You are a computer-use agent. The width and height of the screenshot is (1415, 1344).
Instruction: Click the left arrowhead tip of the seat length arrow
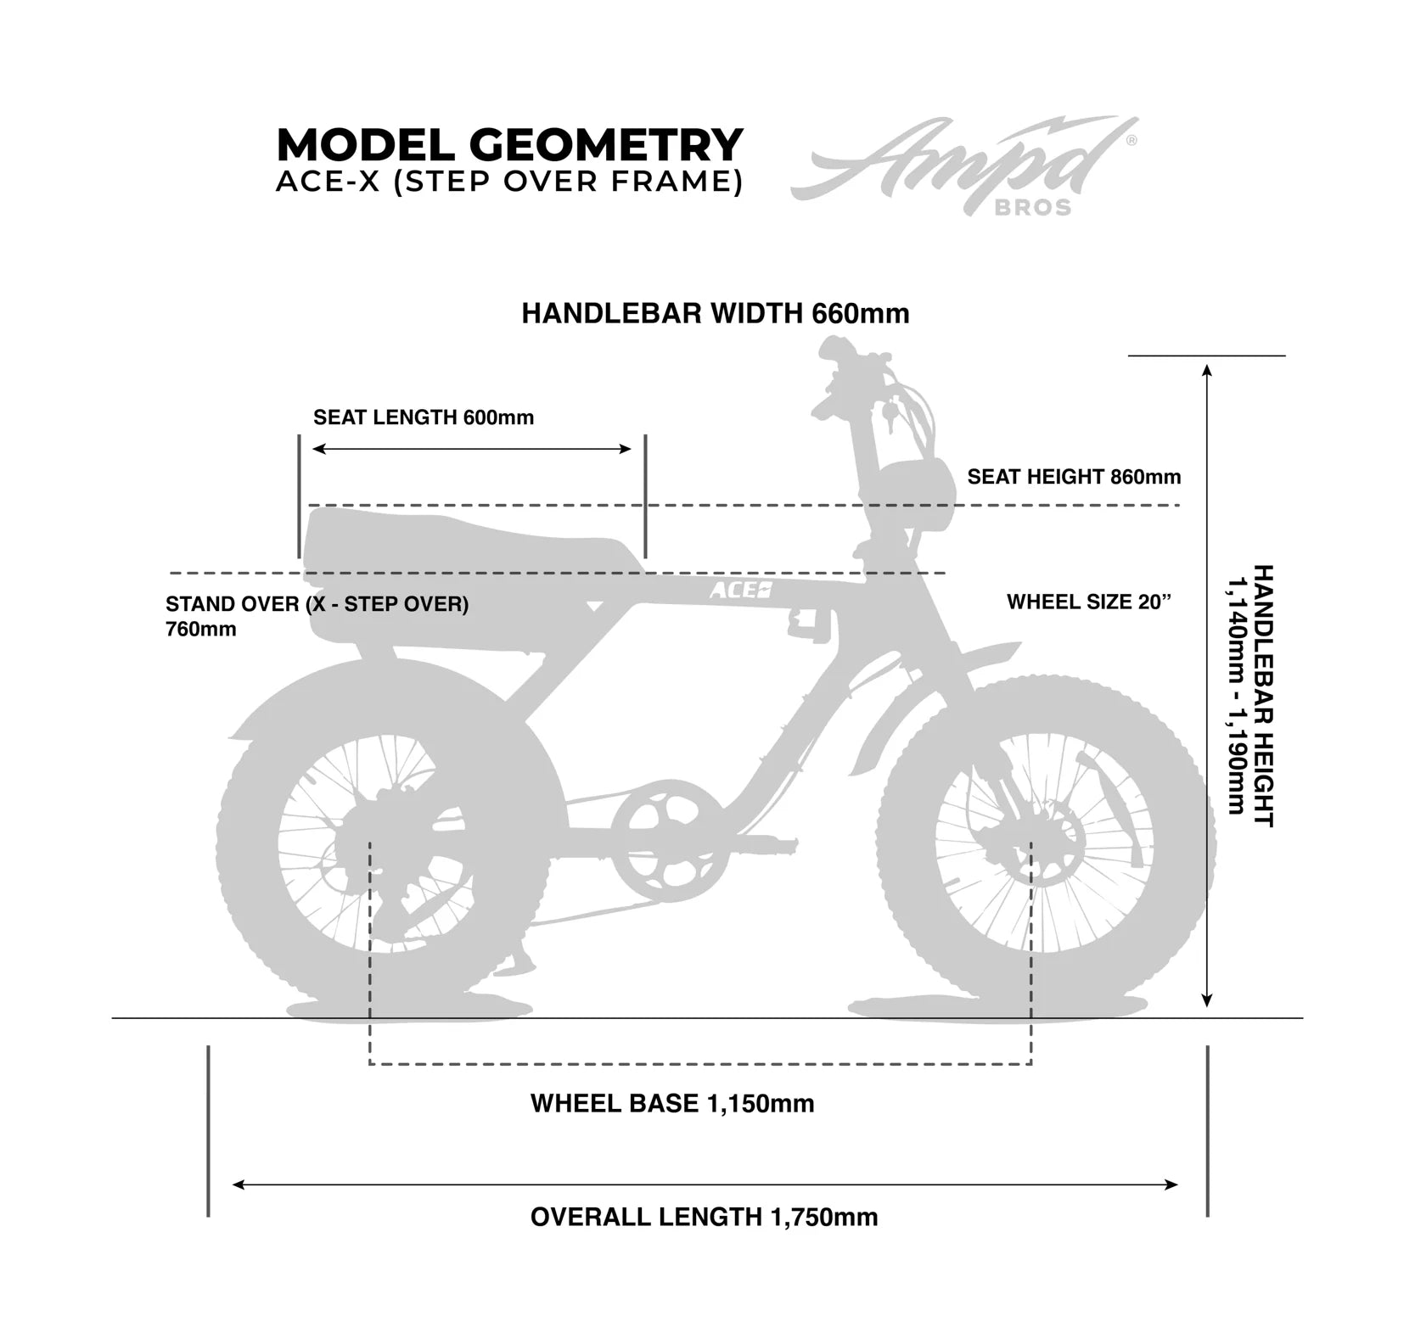(313, 449)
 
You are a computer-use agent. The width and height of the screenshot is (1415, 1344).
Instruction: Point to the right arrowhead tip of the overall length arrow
(1178, 1184)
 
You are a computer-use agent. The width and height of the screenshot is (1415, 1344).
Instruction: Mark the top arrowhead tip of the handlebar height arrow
(1207, 365)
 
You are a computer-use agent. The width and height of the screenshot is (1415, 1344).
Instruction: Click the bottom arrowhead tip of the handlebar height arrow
(1207, 1008)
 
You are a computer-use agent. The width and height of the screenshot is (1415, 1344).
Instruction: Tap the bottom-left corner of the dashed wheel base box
(370, 1064)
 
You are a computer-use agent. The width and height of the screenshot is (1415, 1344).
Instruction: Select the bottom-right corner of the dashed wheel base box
(1031, 1064)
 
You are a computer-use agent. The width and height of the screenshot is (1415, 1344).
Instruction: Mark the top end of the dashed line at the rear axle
(370, 843)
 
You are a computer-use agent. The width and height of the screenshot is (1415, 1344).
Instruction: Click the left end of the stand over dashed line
(171, 574)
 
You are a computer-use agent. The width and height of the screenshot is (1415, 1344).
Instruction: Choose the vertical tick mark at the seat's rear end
(299, 496)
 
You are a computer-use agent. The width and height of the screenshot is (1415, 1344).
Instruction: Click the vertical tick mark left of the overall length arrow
(208, 1131)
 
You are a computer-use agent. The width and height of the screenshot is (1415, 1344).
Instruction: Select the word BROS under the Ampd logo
(1033, 208)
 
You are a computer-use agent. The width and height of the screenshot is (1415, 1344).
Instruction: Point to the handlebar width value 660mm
(861, 313)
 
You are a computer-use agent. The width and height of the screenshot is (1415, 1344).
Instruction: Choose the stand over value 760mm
(201, 630)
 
